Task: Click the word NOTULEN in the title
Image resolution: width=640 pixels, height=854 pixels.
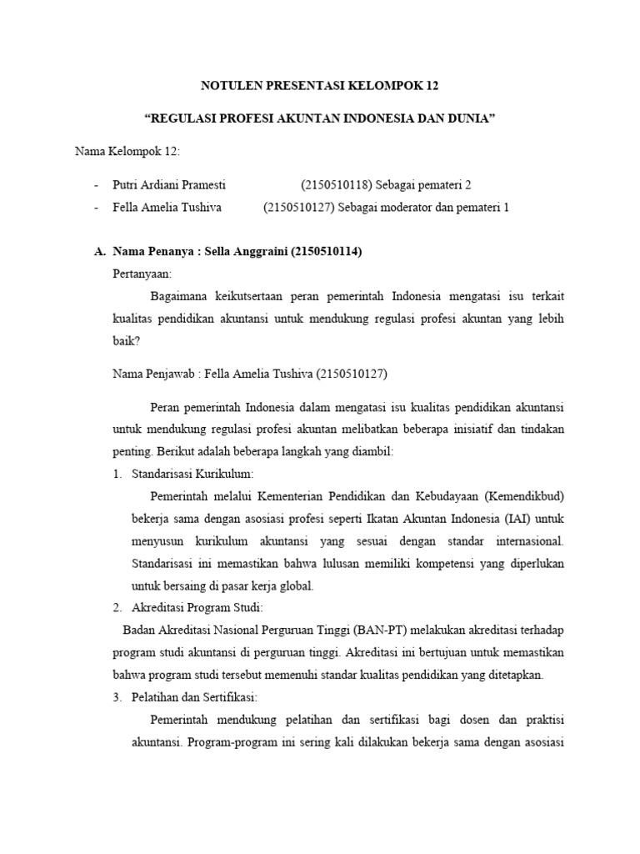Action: [231, 85]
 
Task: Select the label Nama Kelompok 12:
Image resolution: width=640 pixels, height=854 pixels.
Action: [127, 151]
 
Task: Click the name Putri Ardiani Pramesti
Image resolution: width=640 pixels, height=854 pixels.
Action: [168, 184]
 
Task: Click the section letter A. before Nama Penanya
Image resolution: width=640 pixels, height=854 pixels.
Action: [99, 251]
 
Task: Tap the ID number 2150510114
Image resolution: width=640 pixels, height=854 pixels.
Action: [326, 251]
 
